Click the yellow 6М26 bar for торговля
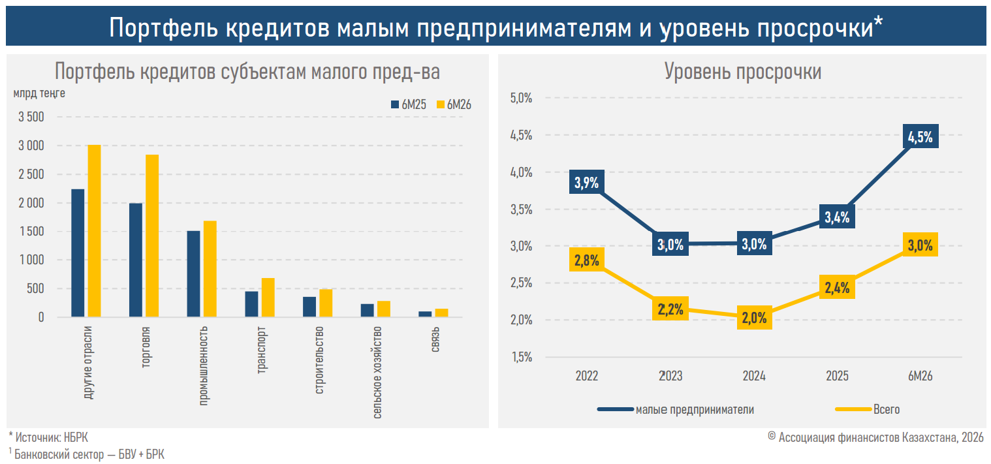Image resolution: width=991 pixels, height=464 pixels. click(x=152, y=236)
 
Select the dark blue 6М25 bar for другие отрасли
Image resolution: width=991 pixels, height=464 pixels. click(x=78, y=253)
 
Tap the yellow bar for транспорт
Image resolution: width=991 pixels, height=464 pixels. click(x=268, y=298)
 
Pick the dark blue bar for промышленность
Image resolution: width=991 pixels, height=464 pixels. click(x=193, y=274)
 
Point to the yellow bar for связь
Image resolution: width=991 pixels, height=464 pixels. click(x=441, y=313)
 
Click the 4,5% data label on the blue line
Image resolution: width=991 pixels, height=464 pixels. click(x=920, y=136)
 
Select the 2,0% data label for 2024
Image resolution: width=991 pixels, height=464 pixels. click(x=754, y=318)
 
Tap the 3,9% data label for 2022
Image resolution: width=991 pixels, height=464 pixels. click(x=587, y=182)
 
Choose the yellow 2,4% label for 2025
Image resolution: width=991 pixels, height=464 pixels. click(x=837, y=287)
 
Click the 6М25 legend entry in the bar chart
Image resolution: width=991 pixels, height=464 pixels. click(x=408, y=104)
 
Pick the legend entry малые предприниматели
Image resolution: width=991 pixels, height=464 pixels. click(x=676, y=410)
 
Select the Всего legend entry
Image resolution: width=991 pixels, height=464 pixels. click(x=867, y=410)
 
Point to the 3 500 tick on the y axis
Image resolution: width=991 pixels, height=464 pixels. click(x=31, y=117)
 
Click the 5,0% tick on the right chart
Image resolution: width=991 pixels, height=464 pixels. click(x=521, y=98)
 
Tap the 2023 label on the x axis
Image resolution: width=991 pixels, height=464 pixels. click(x=670, y=375)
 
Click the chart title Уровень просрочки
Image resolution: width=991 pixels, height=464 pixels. click(x=743, y=72)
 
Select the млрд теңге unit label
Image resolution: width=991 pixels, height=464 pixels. click(x=39, y=93)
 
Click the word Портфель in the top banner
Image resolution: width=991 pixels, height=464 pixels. click(x=164, y=27)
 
